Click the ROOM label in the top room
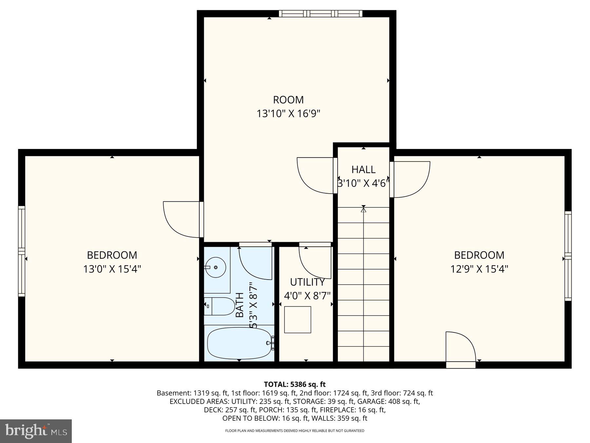[288, 99]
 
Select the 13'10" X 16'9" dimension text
[288, 114]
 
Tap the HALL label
[363, 169]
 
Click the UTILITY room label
[307, 282]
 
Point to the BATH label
[240, 305]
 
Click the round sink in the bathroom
[215, 267]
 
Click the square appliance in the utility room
[297, 320]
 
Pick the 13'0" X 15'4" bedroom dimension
[112, 269]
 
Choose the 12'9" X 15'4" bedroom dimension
[479, 269]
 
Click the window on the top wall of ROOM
[321, 13]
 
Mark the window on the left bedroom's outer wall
[21, 251]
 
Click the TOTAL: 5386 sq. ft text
[295, 384]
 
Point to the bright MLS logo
[36, 431]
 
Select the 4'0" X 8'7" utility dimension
[307, 296]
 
